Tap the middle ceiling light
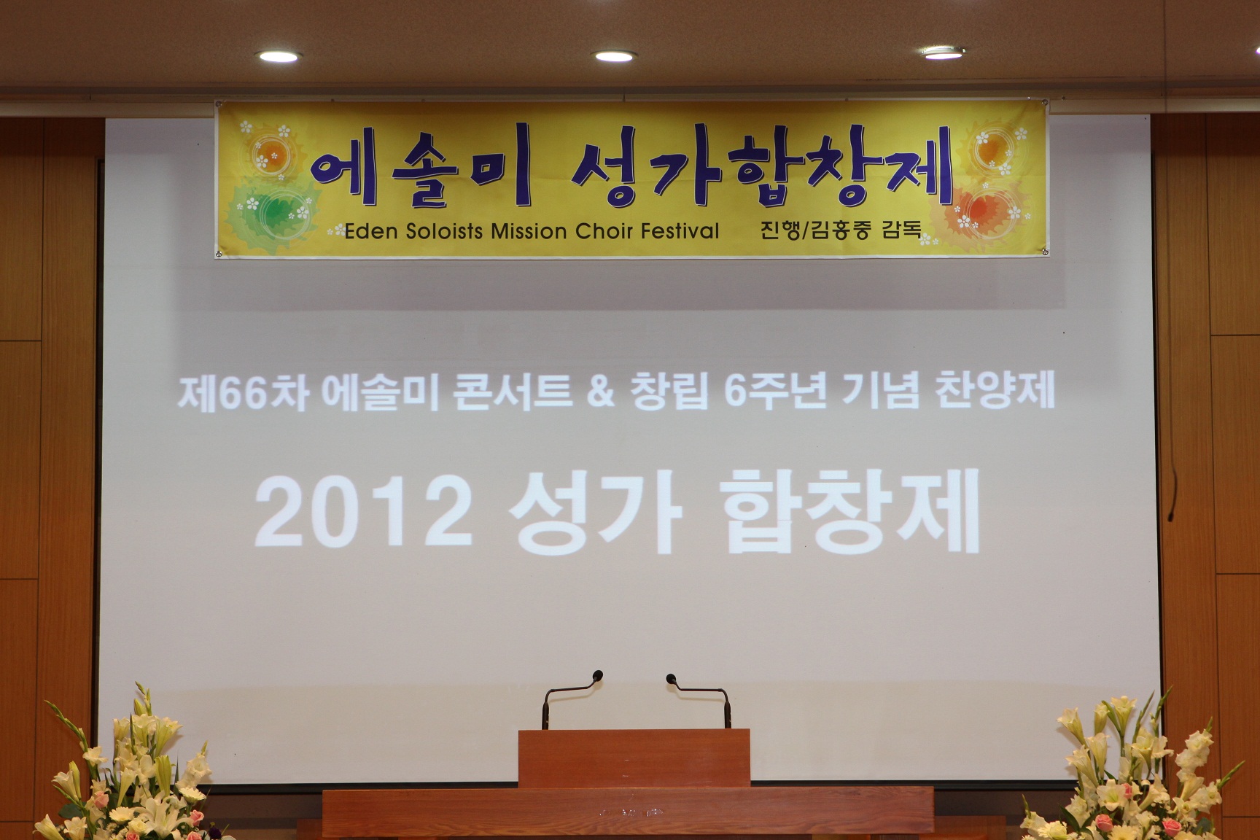point(613,56)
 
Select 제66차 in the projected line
point(244,394)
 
